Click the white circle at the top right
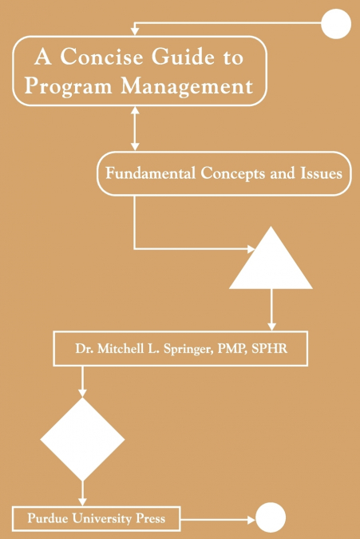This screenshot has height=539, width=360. point(336,24)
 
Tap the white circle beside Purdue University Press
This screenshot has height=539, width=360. point(271,517)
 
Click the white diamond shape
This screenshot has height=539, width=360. point(82,439)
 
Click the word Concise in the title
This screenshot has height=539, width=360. point(101,57)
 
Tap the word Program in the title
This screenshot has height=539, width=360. point(69,86)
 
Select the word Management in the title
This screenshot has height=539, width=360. point(188,86)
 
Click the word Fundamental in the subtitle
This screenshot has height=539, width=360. point(150,173)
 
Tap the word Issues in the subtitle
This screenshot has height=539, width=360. point(322,173)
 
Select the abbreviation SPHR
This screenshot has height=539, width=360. point(270,349)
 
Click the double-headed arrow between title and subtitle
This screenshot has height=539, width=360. point(135,129)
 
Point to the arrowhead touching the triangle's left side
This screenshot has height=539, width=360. point(251,248)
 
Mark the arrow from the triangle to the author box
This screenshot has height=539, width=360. point(271,310)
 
